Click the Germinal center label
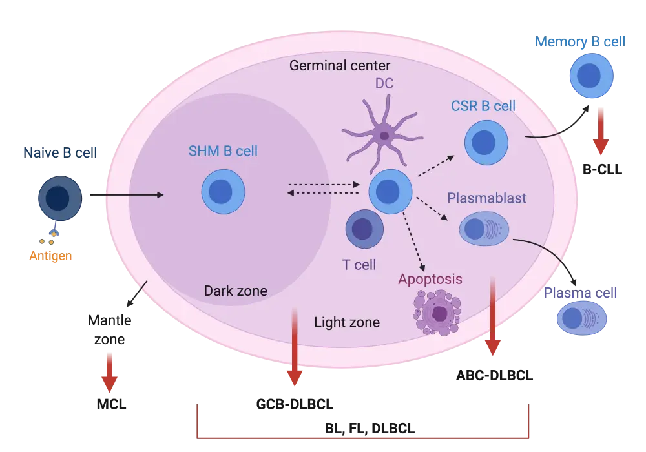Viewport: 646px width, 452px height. [x=339, y=66]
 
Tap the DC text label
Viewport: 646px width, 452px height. [x=384, y=83]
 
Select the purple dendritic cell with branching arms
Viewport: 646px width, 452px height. [x=384, y=136]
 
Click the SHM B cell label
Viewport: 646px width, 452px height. [x=223, y=152]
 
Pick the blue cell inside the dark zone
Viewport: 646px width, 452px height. [x=224, y=191]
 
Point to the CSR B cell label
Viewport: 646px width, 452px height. [x=484, y=106]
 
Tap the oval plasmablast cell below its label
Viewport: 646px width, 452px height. [x=484, y=229]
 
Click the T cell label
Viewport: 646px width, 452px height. [x=359, y=264]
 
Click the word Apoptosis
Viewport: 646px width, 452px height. [x=430, y=280]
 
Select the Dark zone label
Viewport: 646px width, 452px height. [x=235, y=291]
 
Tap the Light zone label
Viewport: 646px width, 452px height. [x=346, y=322]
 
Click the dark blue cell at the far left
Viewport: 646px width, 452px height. [x=60, y=198]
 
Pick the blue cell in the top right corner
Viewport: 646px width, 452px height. [x=590, y=76]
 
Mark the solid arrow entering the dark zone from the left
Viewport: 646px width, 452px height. [x=125, y=193]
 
